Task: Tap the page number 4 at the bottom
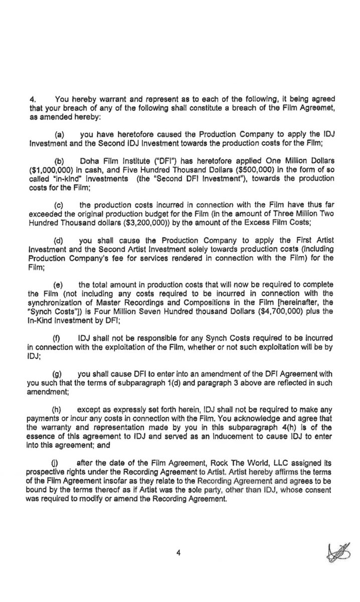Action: coord(177,553)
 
